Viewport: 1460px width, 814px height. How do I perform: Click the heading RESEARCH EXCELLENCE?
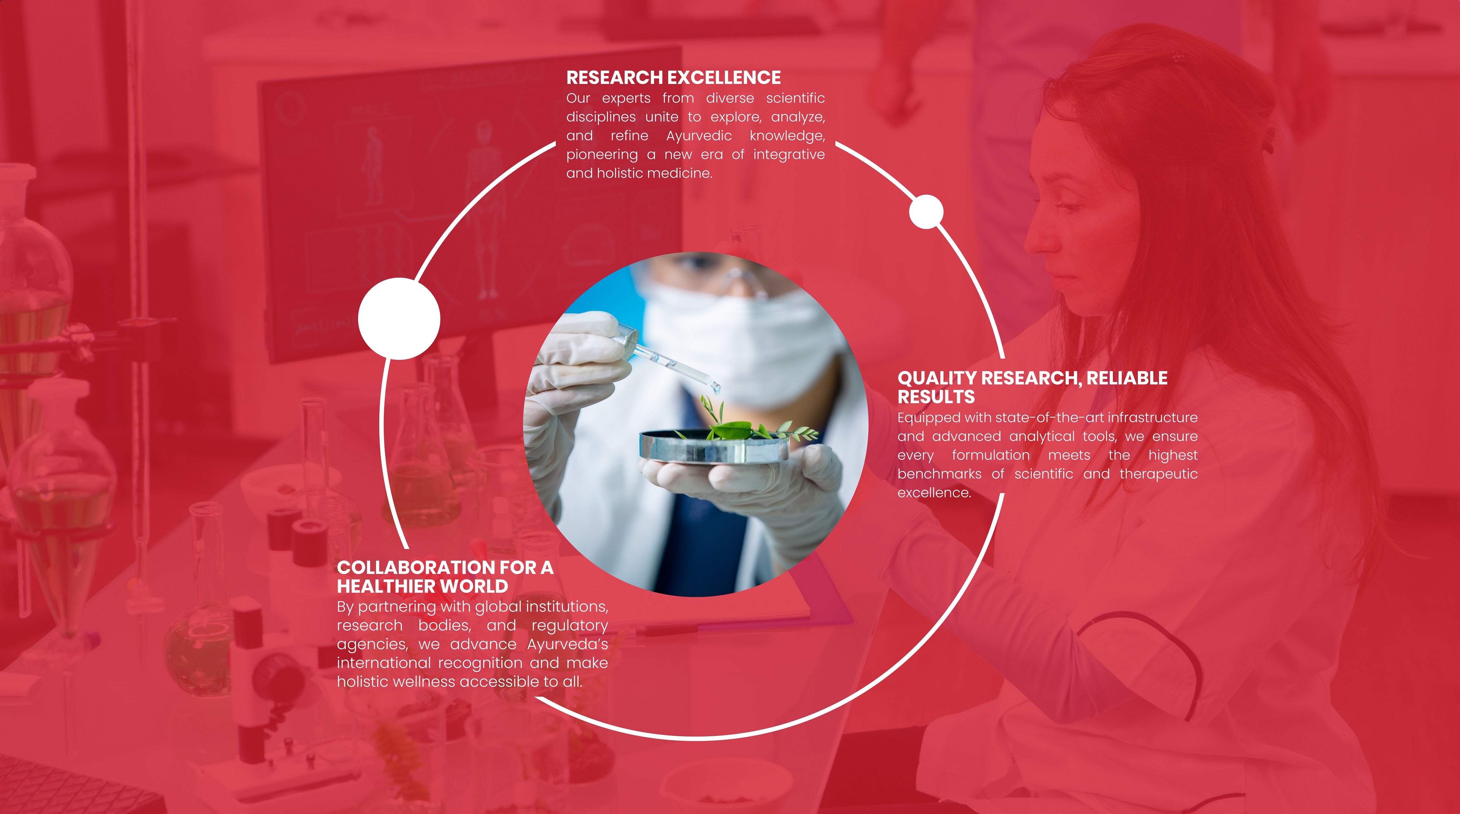point(673,78)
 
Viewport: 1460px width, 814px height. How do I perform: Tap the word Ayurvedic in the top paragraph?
point(699,136)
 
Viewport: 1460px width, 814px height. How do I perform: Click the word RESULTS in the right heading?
point(936,397)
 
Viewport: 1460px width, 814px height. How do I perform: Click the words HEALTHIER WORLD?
point(422,586)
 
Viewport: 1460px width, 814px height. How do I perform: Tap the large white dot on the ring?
point(399,319)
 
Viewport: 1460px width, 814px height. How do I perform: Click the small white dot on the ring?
point(926,212)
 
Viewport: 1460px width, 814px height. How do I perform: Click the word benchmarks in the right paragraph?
point(940,474)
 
